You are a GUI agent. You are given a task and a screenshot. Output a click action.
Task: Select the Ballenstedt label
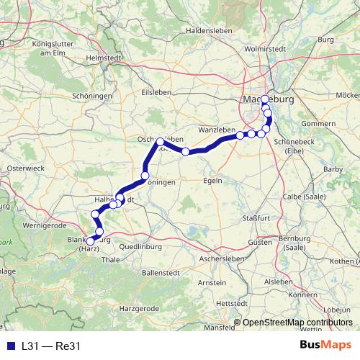pyautogui.click(x=163, y=273)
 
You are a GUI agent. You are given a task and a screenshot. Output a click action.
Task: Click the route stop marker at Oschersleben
pyautogui.click(x=160, y=142)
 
